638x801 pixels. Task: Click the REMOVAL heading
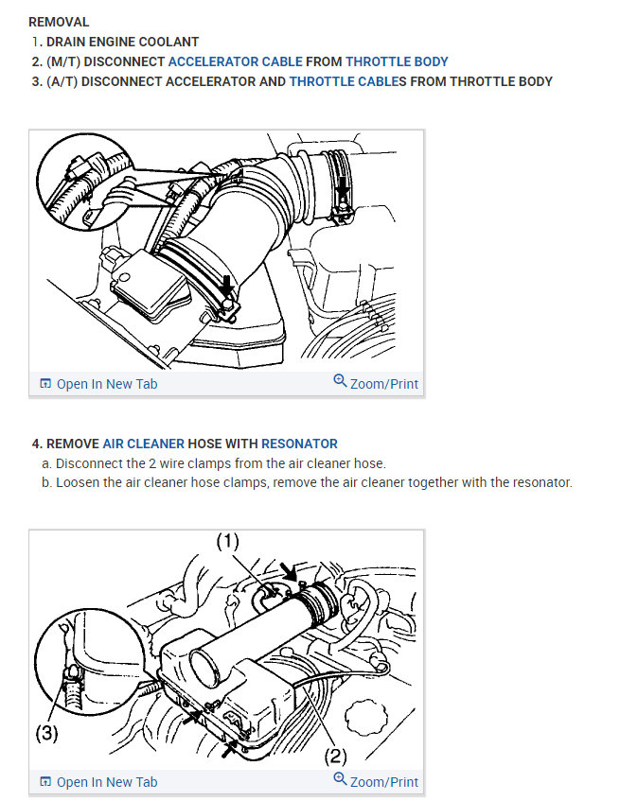tap(59, 22)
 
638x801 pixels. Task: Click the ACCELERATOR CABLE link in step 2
tap(236, 61)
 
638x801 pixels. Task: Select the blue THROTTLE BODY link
tap(397, 61)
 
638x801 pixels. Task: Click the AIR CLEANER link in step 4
tap(144, 444)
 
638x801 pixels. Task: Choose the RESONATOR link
tap(299, 444)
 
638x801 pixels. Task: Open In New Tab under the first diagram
tap(107, 384)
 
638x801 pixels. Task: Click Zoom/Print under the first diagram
tap(384, 384)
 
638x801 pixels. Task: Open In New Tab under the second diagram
tap(107, 781)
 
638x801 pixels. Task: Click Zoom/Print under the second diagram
tap(384, 781)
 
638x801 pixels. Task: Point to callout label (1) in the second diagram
tap(227, 541)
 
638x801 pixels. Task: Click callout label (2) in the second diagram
tap(335, 756)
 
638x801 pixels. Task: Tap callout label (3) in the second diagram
tap(46, 733)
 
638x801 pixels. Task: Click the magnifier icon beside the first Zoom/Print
tap(340, 380)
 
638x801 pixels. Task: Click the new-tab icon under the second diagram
tap(45, 781)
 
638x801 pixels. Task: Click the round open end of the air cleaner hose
tap(206, 669)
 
